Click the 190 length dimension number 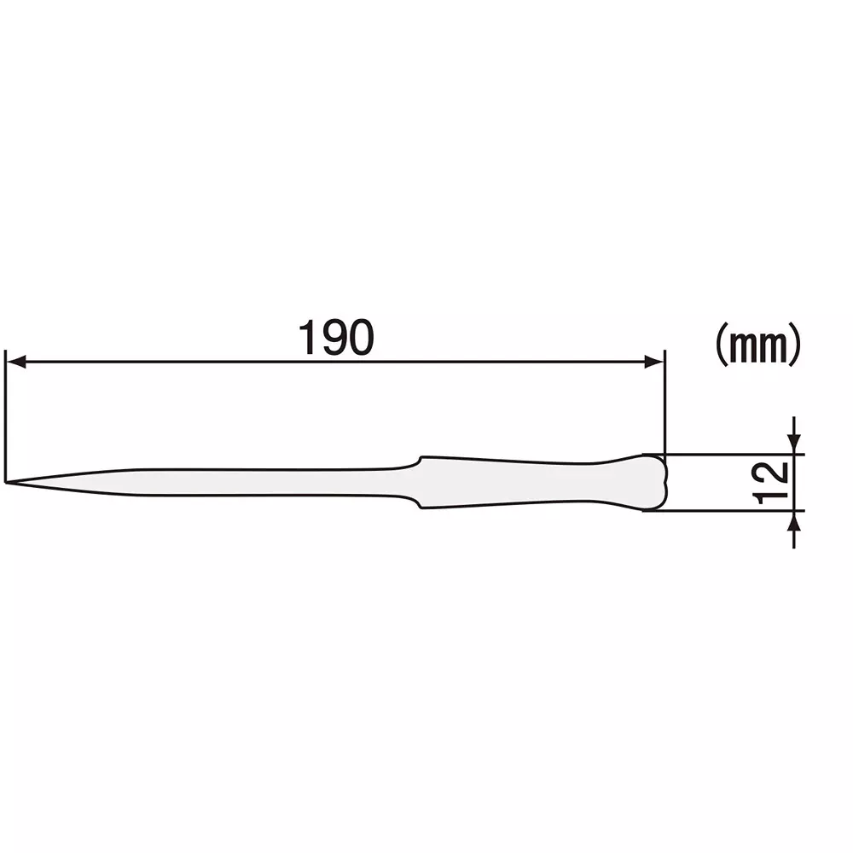(x=335, y=339)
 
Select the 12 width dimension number (x=775, y=483)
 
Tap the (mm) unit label (x=757, y=345)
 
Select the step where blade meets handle (x=419, y=483)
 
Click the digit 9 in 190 (x=335, y=339)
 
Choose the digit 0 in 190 (x=360, y=339)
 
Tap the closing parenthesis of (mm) (x=795, y=345)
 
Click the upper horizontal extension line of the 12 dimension (x=725, y=455)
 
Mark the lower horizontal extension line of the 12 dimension (x=725, y=511)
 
